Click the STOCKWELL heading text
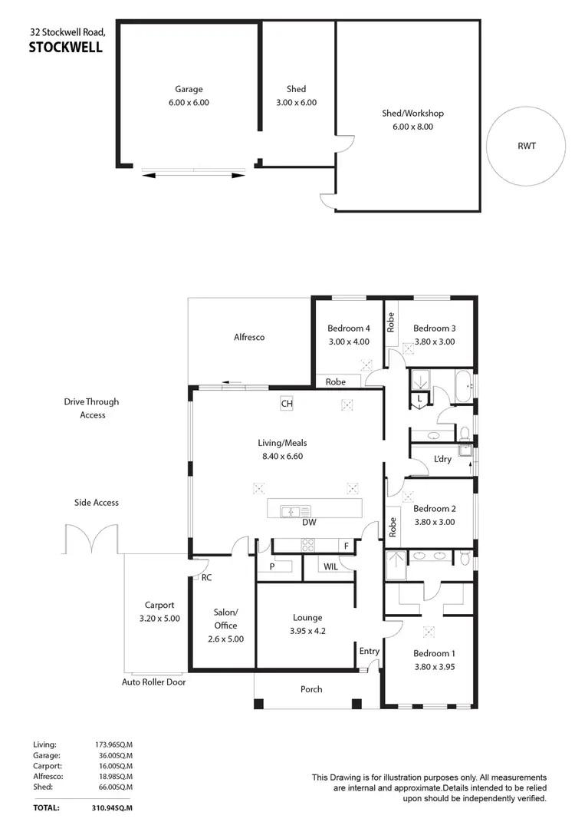[x=64, y=47]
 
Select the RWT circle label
[x=526, y=145]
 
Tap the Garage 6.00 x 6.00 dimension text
[x=189, y=102]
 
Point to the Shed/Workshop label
[x=412, y=114]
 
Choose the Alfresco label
[x=249, y=337]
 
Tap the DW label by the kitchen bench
[x=310, y=523]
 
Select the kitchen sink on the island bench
[x=294, y=510]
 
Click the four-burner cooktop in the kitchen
[x=307, y=545]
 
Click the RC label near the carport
[x=206, y=578]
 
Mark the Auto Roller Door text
[x=153, y=682]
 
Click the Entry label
[x=370, y=652]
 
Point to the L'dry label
[x=442, y=459]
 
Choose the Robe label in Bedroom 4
[x=335, y=381]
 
